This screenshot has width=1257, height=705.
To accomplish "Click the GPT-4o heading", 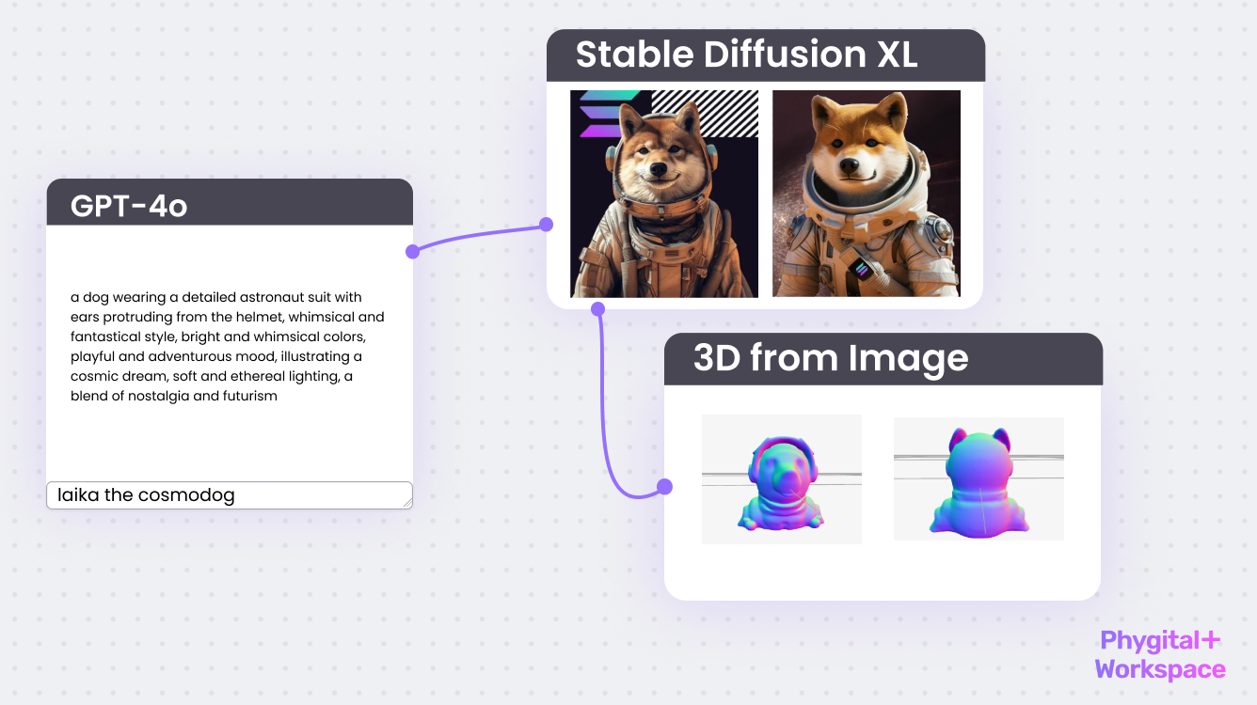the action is (129, 206).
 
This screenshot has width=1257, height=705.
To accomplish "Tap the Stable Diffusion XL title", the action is (746, 55).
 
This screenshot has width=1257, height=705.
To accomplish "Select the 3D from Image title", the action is (831, 358).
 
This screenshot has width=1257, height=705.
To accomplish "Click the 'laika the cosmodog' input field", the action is (230, 495).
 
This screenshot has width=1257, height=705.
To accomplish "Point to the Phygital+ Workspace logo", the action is (1160, 654).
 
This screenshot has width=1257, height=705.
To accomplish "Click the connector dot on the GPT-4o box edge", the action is (412, 252).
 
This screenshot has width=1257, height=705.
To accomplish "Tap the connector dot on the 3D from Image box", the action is (664, 487).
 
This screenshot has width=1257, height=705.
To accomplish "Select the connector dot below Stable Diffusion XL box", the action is (598, 309).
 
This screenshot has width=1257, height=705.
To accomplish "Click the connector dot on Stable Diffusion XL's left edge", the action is (546, 225).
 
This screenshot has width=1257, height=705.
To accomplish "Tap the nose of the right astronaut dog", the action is (850, 164).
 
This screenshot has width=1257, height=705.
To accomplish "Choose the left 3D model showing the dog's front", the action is (781, 483).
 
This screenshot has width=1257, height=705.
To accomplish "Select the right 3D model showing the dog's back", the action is (979, 482).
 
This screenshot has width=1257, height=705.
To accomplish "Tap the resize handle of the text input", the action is (407, 503).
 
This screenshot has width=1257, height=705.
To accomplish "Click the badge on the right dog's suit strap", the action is (862, 269).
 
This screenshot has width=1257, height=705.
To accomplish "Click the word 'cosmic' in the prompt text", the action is (89, 376).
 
